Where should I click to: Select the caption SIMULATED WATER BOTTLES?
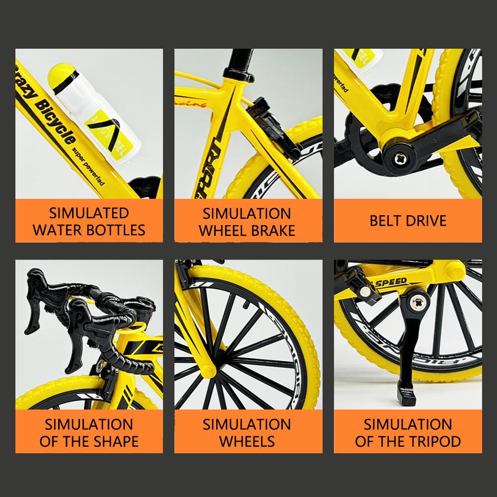pos(89,221)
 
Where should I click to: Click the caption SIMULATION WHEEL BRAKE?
pos(247,222)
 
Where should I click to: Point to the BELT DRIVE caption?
pos(408,221)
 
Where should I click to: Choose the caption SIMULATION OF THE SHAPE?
pos(89,432)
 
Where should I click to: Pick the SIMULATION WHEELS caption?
pos(247,432)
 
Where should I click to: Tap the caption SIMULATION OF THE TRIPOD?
pos(408,432)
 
